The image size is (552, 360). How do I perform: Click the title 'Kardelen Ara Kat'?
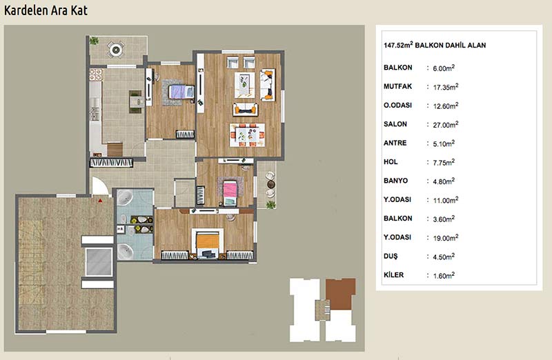[46, 10]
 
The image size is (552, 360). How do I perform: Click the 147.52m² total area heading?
[435, 45]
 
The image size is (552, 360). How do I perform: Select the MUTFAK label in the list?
[398, 86]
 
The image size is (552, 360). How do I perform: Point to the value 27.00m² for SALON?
[446, 125]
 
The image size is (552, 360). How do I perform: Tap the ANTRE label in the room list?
[395, 143]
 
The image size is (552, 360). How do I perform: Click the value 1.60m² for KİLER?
[444, 276]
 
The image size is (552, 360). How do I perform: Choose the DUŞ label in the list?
[391, 256]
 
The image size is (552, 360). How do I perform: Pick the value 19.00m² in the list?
[446, 238]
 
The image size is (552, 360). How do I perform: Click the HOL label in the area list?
[391, 162]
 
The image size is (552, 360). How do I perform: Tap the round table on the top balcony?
[115, 50]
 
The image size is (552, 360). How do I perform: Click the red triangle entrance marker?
[100, 201]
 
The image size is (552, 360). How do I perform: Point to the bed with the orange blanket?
[208, 243]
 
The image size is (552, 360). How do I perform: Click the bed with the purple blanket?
[181, 92]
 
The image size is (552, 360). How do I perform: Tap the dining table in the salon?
[247, 134]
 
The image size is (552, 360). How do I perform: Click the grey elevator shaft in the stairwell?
[99, 262]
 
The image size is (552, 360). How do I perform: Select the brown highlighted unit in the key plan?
[340, 294]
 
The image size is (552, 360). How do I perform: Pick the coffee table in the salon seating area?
[245, 85]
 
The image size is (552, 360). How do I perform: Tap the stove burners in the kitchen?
[96, 75]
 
